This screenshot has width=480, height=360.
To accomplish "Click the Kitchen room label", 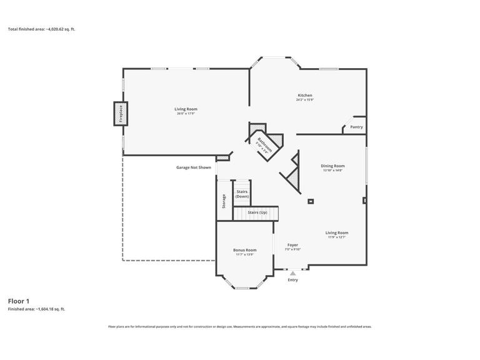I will pos(304,96).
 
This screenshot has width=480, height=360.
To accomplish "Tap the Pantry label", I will pos(356,127).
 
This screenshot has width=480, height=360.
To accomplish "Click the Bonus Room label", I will pos(245,250).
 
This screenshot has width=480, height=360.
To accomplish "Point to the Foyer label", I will pos(292,245).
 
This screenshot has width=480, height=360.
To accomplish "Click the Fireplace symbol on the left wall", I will pos(121,114).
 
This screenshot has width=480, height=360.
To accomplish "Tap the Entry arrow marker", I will pos(292,273).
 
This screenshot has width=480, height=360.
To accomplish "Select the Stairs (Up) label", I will pos(257,212).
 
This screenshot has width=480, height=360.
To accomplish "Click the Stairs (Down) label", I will pos(242,194).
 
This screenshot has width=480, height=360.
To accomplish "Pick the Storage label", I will pos(224,201).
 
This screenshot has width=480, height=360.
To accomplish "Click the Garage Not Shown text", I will pos(194,167).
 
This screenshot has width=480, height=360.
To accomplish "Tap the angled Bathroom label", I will pos(264,145).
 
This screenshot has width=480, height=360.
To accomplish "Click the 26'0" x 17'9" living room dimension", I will pos(186,114).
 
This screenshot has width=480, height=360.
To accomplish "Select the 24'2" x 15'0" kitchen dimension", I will pos(304,100).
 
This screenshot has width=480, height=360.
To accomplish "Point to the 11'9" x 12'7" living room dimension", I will pos(337,237).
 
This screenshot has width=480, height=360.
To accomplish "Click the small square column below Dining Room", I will pos(311,201).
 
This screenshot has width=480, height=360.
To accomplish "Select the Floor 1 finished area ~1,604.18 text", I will pos(36,309).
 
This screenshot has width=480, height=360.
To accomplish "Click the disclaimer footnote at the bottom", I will pos(240,326).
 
